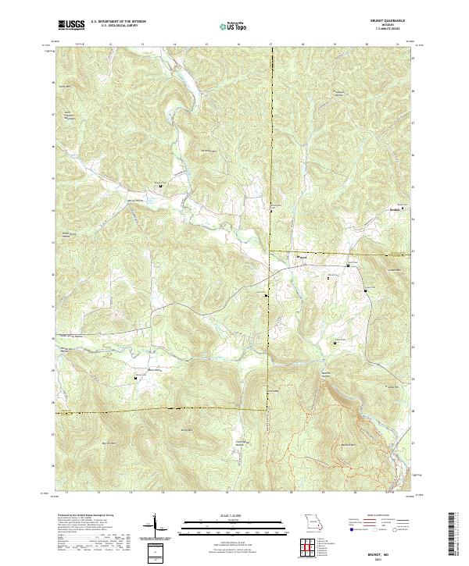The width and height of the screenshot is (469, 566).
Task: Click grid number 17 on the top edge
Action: tap(270, 44)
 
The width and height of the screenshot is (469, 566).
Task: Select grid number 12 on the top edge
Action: tap(110, 44)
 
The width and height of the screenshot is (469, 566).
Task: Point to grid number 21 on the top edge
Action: tap(399, 44)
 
